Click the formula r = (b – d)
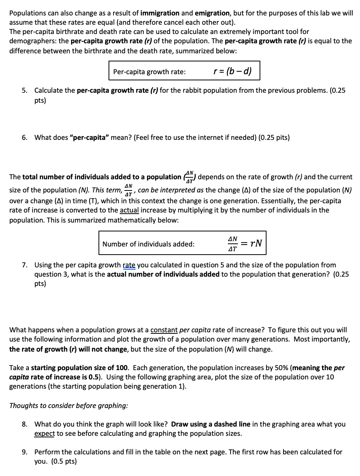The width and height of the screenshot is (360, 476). (232, 71)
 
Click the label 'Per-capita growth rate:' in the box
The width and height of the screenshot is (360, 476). (149, 72)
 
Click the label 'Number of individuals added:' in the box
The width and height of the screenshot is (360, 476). (148, 244)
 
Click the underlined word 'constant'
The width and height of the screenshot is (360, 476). (164, 330)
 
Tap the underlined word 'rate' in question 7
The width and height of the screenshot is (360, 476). (129, 265)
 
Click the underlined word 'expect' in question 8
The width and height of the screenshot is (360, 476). (44, 433)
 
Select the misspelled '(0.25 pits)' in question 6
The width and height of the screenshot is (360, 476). (274, 137)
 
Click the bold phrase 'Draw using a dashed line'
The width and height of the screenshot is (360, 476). (211, 424)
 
